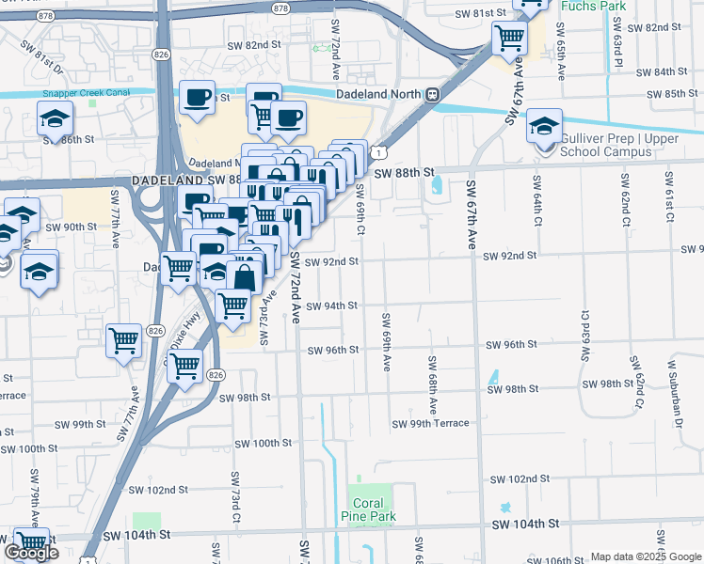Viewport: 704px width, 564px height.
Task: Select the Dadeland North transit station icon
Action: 432,94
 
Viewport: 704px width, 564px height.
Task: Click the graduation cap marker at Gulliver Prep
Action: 544,126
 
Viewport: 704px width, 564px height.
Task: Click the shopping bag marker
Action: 244,278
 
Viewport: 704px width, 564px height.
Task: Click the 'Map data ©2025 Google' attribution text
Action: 644,556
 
